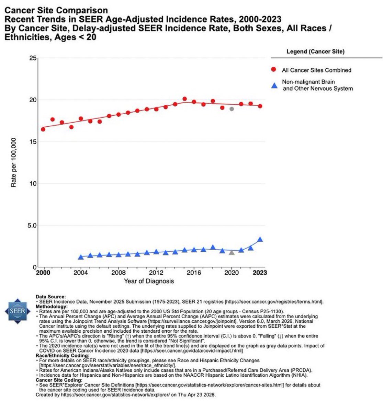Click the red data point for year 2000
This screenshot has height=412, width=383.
(43, 129)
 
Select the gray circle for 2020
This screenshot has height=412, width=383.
(232, 109)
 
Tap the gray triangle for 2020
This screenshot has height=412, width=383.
(232, 252)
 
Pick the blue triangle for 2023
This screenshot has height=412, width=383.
(260, 239)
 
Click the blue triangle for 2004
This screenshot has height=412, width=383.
(81, 257)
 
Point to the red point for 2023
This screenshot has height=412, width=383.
(260, 106)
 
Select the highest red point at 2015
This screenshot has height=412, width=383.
(184, 99)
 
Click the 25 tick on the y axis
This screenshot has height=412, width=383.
(33, 58)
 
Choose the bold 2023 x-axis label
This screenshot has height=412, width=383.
(260, 273)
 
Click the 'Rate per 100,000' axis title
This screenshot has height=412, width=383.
(14, 162)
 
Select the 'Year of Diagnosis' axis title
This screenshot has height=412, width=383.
(149, 281)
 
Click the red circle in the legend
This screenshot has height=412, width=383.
(274, 70)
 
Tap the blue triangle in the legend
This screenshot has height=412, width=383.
(274, 85)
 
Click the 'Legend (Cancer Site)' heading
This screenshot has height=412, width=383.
(315, 52)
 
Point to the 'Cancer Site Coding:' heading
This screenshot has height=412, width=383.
(59, 380)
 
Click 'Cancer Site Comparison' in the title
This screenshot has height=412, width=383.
(56, 11)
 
